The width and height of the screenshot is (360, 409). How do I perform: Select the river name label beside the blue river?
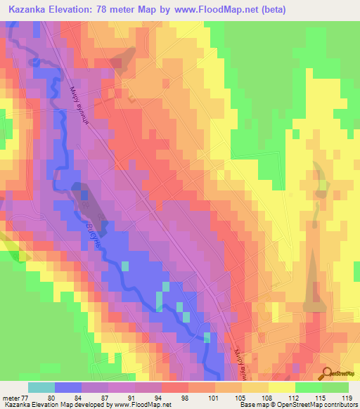pos(99,233)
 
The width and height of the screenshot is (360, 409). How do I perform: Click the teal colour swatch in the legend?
pos(41,387)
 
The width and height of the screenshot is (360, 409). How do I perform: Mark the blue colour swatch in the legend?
pos(67,387)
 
